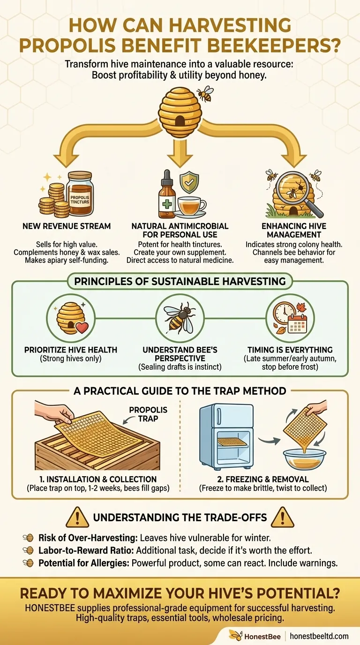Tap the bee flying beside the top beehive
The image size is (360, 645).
tap(204, 94)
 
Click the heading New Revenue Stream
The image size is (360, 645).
tap(67, 226)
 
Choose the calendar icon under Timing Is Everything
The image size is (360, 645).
tap(297, 323)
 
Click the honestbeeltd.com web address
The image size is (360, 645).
tap(319, 636)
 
